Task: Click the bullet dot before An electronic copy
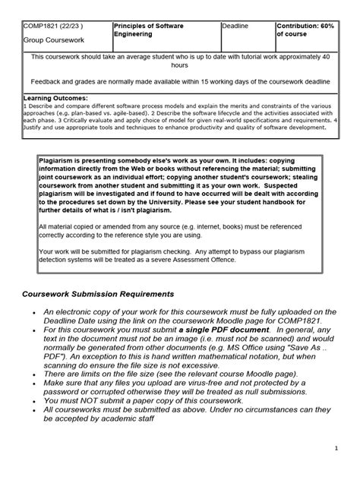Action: coord(36,311)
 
